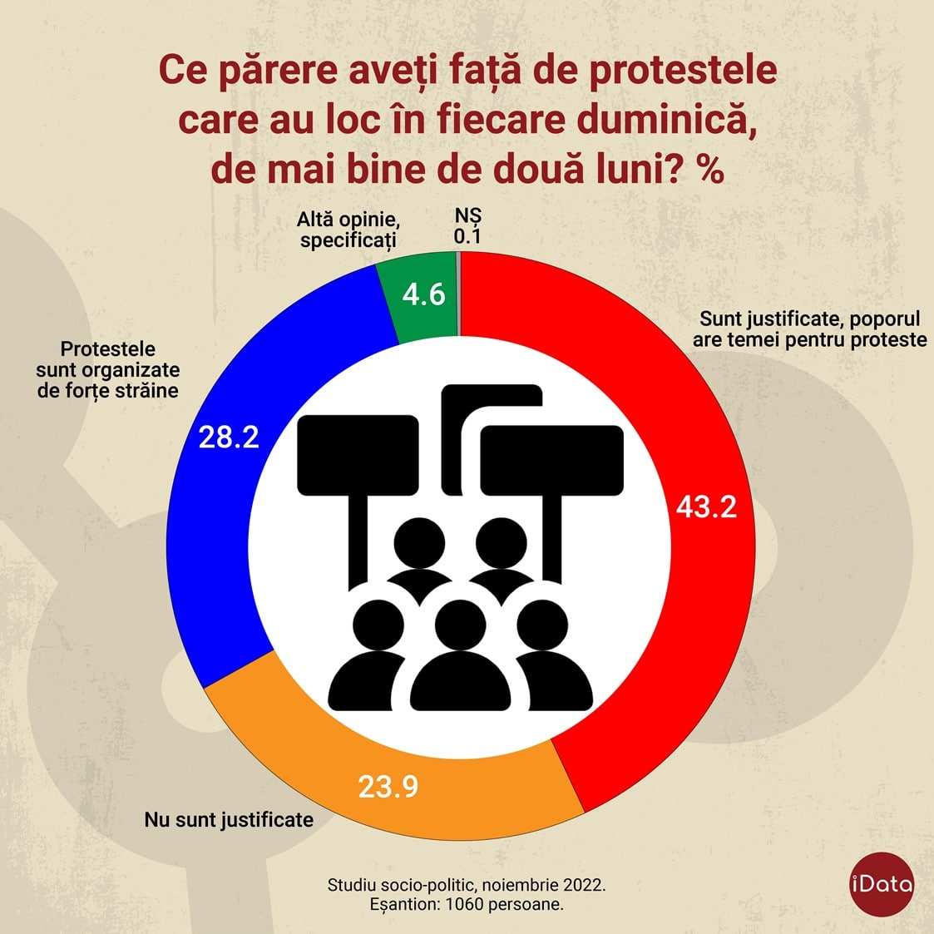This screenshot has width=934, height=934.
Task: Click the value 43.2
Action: point(706,507)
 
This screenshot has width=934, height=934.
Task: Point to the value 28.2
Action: point(229,437)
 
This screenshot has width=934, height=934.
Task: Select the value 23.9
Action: point(388,786)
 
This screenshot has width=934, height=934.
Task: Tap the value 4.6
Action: point(424,294)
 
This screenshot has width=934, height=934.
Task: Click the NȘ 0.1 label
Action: point(467,226)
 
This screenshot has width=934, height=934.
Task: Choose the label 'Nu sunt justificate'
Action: point(229,819)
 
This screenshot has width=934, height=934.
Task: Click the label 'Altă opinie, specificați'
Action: point(348,230)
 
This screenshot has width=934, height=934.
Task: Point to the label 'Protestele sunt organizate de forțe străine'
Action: point(108,369)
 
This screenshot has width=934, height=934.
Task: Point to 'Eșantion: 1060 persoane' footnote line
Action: point(467,904)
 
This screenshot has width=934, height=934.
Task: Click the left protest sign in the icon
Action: point(358,453)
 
